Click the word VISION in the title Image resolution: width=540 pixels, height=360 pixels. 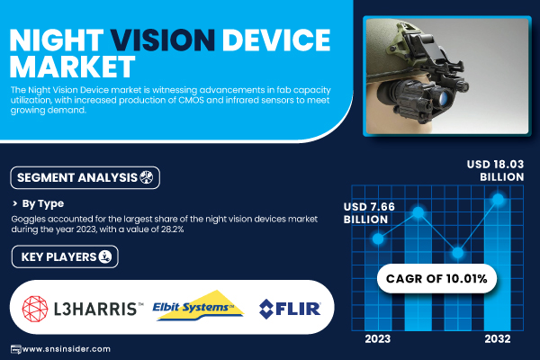pos(163,40)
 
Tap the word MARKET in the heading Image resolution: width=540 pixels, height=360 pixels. pos(72,67)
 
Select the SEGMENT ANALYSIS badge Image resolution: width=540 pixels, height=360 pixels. pos(85,178)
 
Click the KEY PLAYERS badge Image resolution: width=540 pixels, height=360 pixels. pos(65,256)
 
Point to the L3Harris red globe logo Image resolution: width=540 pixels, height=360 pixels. pos(35,309)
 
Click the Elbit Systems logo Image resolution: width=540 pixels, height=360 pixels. pos(198,306)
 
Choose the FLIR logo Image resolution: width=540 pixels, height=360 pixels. pos(290,309)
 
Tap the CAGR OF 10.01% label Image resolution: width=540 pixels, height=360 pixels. pos(436,278)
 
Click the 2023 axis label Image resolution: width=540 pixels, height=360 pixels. pos(378,339)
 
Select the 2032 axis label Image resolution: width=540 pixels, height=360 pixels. pos(498,339)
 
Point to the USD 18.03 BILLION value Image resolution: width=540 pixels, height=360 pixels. pos(495,170)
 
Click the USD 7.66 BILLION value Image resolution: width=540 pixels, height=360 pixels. pos(369,213)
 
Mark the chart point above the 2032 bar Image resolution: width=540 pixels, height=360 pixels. pos(498,199)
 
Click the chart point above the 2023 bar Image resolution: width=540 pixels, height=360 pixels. pos(378,238)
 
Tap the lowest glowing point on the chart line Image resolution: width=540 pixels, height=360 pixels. pos(458,253)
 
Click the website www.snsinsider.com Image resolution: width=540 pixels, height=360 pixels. pos(66,349)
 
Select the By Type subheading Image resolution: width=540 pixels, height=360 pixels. pos(43,203)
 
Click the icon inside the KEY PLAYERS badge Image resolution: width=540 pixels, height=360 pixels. pos(105,256)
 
